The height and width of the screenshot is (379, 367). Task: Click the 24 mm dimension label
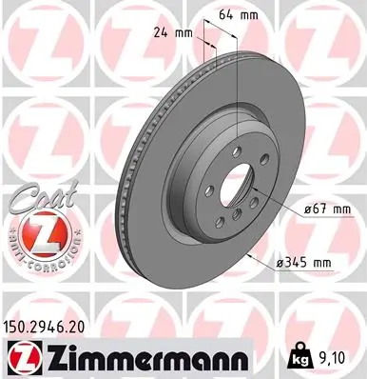172,31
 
